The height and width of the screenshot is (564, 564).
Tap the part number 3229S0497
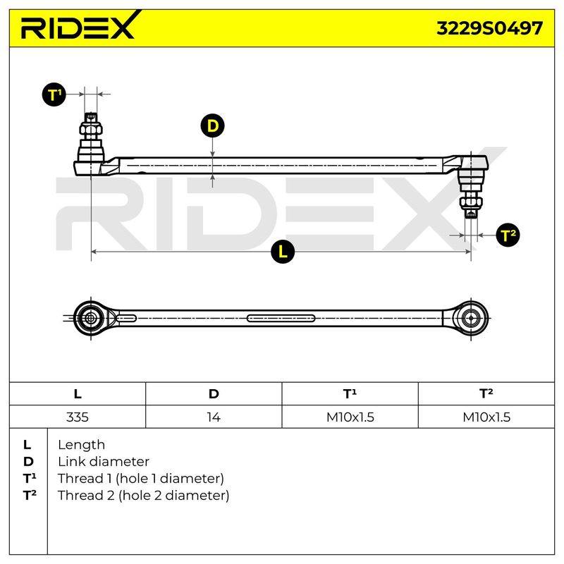pos(489,28)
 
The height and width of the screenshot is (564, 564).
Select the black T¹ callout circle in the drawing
pos(54,94)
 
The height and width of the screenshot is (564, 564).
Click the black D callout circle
pos(213,126)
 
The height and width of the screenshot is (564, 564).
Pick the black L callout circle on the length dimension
pos(283,251)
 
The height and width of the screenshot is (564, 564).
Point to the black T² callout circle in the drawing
pos(508,235)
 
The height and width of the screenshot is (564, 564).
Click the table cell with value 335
pos(78,417)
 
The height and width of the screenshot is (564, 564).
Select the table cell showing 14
pos(214,417)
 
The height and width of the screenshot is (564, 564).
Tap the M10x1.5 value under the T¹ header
pos(350,417)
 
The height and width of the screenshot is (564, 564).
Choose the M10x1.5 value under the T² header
pos(486,417)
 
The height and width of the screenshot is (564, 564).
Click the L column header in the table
pos(78,394)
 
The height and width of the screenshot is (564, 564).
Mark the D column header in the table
pos(214,394)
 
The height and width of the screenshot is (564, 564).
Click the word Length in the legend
pos(81,445)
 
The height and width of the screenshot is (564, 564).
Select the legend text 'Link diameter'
pos(104,462)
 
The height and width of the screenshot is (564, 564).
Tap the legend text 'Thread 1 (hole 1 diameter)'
pos(141,479)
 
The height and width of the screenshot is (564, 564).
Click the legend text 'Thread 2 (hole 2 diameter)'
pos(144,496)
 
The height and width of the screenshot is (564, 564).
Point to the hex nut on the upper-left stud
pos(91,130)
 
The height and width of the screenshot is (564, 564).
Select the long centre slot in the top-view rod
pos(281,319)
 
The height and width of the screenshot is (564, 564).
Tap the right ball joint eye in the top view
pos(471,319)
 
